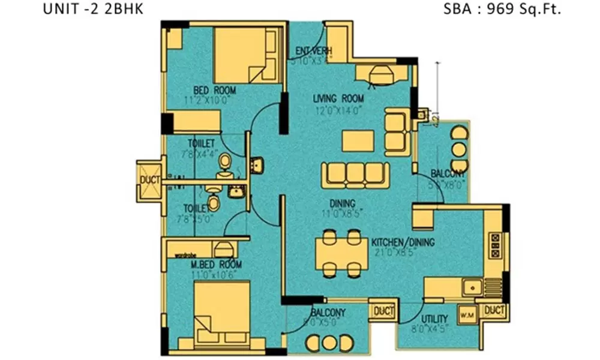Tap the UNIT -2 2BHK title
93,10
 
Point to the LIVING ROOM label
338,98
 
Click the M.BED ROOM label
217,265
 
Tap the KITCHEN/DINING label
403,242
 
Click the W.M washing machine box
467,314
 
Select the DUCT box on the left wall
148,179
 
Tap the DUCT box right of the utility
495,310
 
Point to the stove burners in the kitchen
496,245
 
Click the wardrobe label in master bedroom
187,254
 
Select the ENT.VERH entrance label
310,51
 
